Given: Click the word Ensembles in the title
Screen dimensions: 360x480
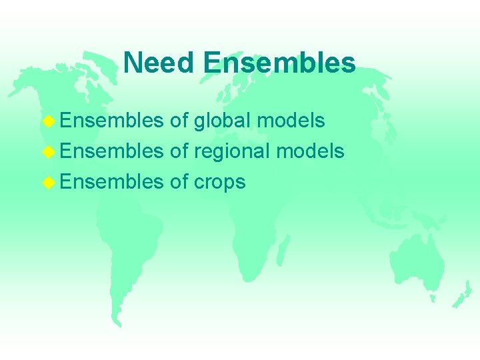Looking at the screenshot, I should point(279,63).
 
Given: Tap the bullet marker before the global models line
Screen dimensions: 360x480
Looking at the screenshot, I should point(47,121).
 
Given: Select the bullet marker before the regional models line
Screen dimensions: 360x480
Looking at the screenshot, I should point(47,151).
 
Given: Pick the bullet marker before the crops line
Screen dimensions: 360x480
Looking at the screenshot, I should point(47,182).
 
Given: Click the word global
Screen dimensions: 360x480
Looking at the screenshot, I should point(222,121).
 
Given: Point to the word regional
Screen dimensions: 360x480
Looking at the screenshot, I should point(231,151).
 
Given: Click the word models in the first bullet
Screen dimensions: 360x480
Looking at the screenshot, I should point(291,121).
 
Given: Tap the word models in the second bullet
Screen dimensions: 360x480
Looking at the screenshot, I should point(311,151).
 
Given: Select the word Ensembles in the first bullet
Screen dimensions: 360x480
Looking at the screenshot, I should point(111,121).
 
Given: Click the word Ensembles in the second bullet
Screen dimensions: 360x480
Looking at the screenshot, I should point(111,151).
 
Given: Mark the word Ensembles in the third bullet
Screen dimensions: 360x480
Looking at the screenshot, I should point(111,182).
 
